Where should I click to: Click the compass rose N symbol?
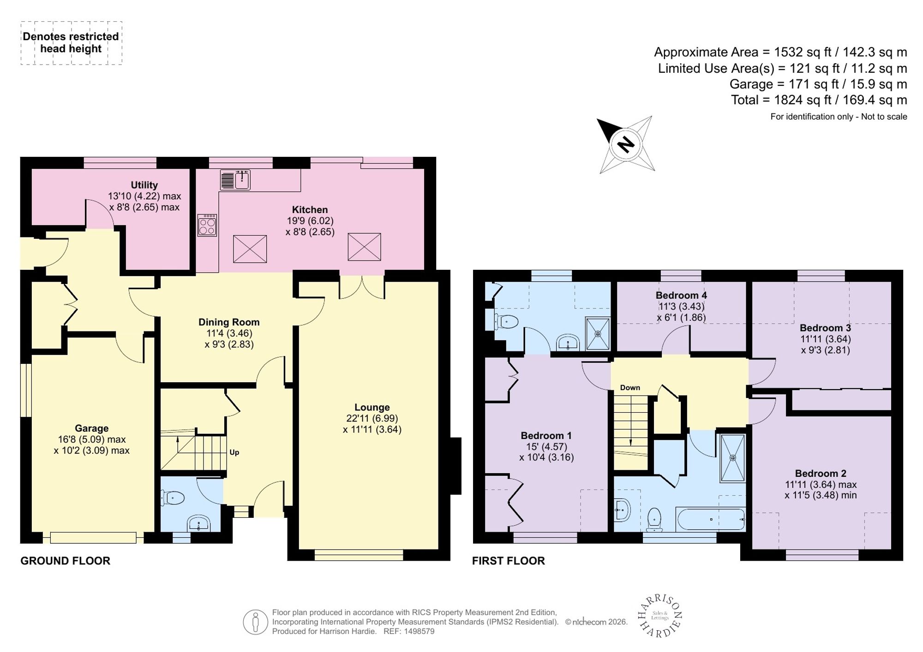pos(626,145)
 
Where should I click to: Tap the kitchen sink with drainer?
pos(235,180)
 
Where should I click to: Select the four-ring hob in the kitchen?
pos(207,225)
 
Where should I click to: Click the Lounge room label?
pos(372,407)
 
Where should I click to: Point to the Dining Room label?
pos(229,322)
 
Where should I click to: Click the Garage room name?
pos(91,428)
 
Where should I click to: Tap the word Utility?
pos(144,185)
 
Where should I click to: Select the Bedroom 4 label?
pos(681,295)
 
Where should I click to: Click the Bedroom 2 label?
pos(821,474)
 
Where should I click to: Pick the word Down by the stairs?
pos(630,388)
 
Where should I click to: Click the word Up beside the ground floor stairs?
pos(234,452)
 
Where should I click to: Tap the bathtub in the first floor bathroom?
pos(710,519)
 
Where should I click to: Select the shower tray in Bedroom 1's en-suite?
pos(598,333)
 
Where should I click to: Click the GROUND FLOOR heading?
pos(66,561)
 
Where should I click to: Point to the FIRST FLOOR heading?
pos(509,561)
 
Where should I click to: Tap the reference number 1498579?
pos(419,631)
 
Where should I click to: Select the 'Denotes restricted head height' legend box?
pos(71,43)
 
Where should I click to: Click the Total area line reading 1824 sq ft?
pos(819,100)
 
